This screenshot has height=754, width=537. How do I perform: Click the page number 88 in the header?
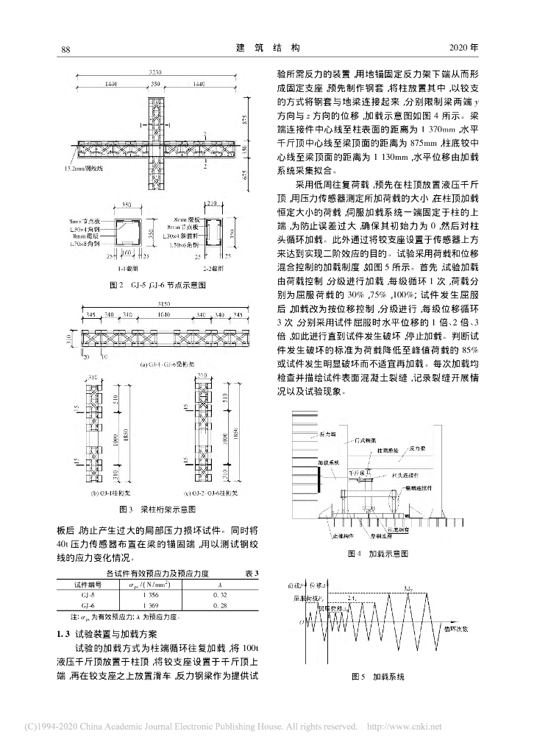pyautogui.click(x=64, y=49)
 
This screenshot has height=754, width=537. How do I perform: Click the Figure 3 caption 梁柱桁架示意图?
pyautogui.click(x=157, y=509)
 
